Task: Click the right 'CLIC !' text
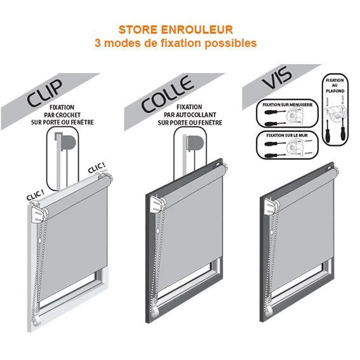(97, 170)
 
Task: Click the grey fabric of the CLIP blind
(76, 235)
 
